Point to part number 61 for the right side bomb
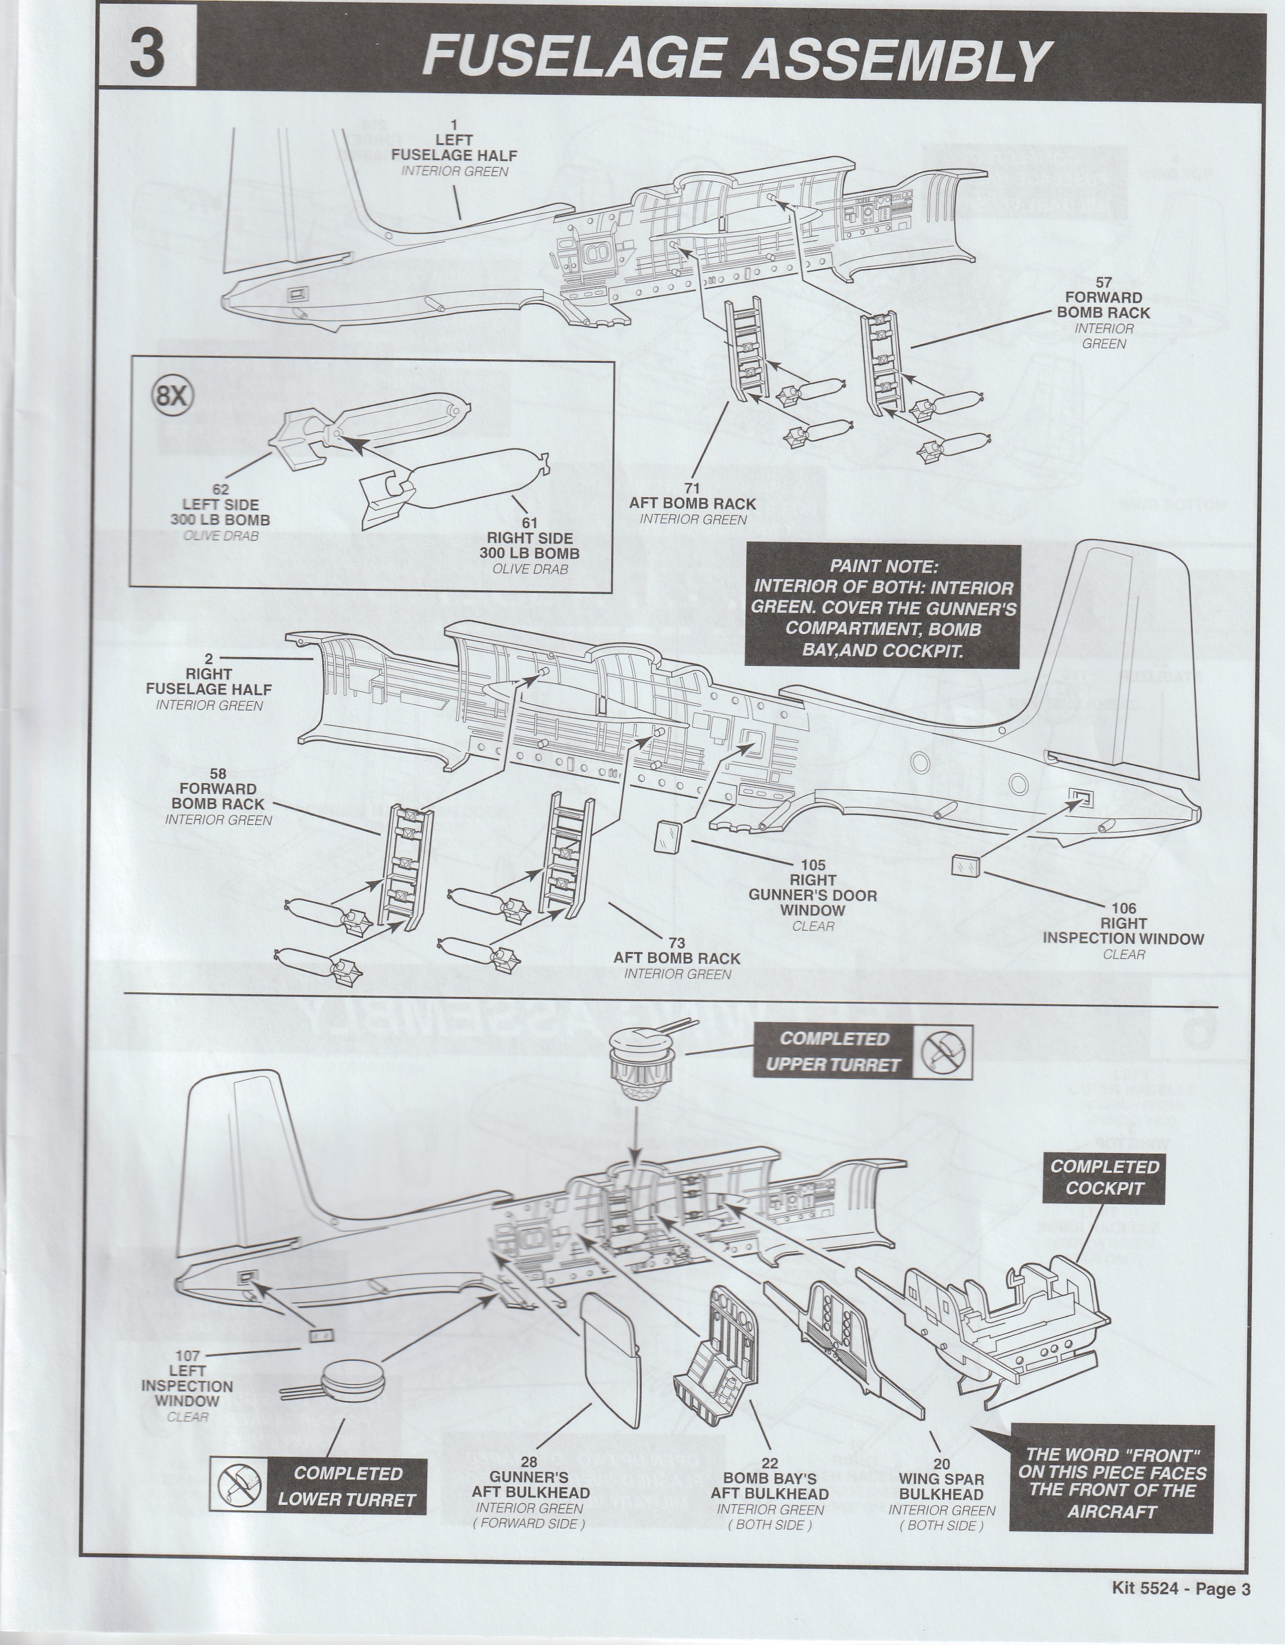530,523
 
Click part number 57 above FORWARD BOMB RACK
1103,283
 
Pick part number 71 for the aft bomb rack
692,488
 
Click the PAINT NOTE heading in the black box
884,566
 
